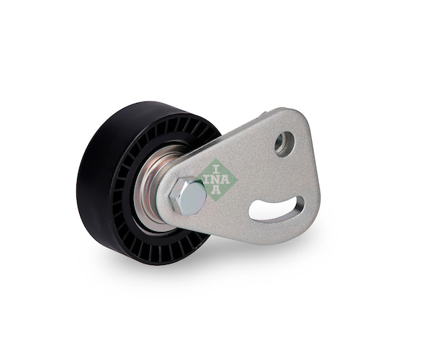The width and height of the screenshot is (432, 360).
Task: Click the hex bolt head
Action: pos(188,196)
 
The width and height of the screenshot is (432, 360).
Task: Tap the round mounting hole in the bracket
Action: pos(285,144)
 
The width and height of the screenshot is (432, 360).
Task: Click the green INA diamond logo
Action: pos(217,179)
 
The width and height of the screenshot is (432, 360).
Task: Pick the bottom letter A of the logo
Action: pos(217,189)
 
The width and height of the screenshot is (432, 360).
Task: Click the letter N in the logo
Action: pos(215,179)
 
